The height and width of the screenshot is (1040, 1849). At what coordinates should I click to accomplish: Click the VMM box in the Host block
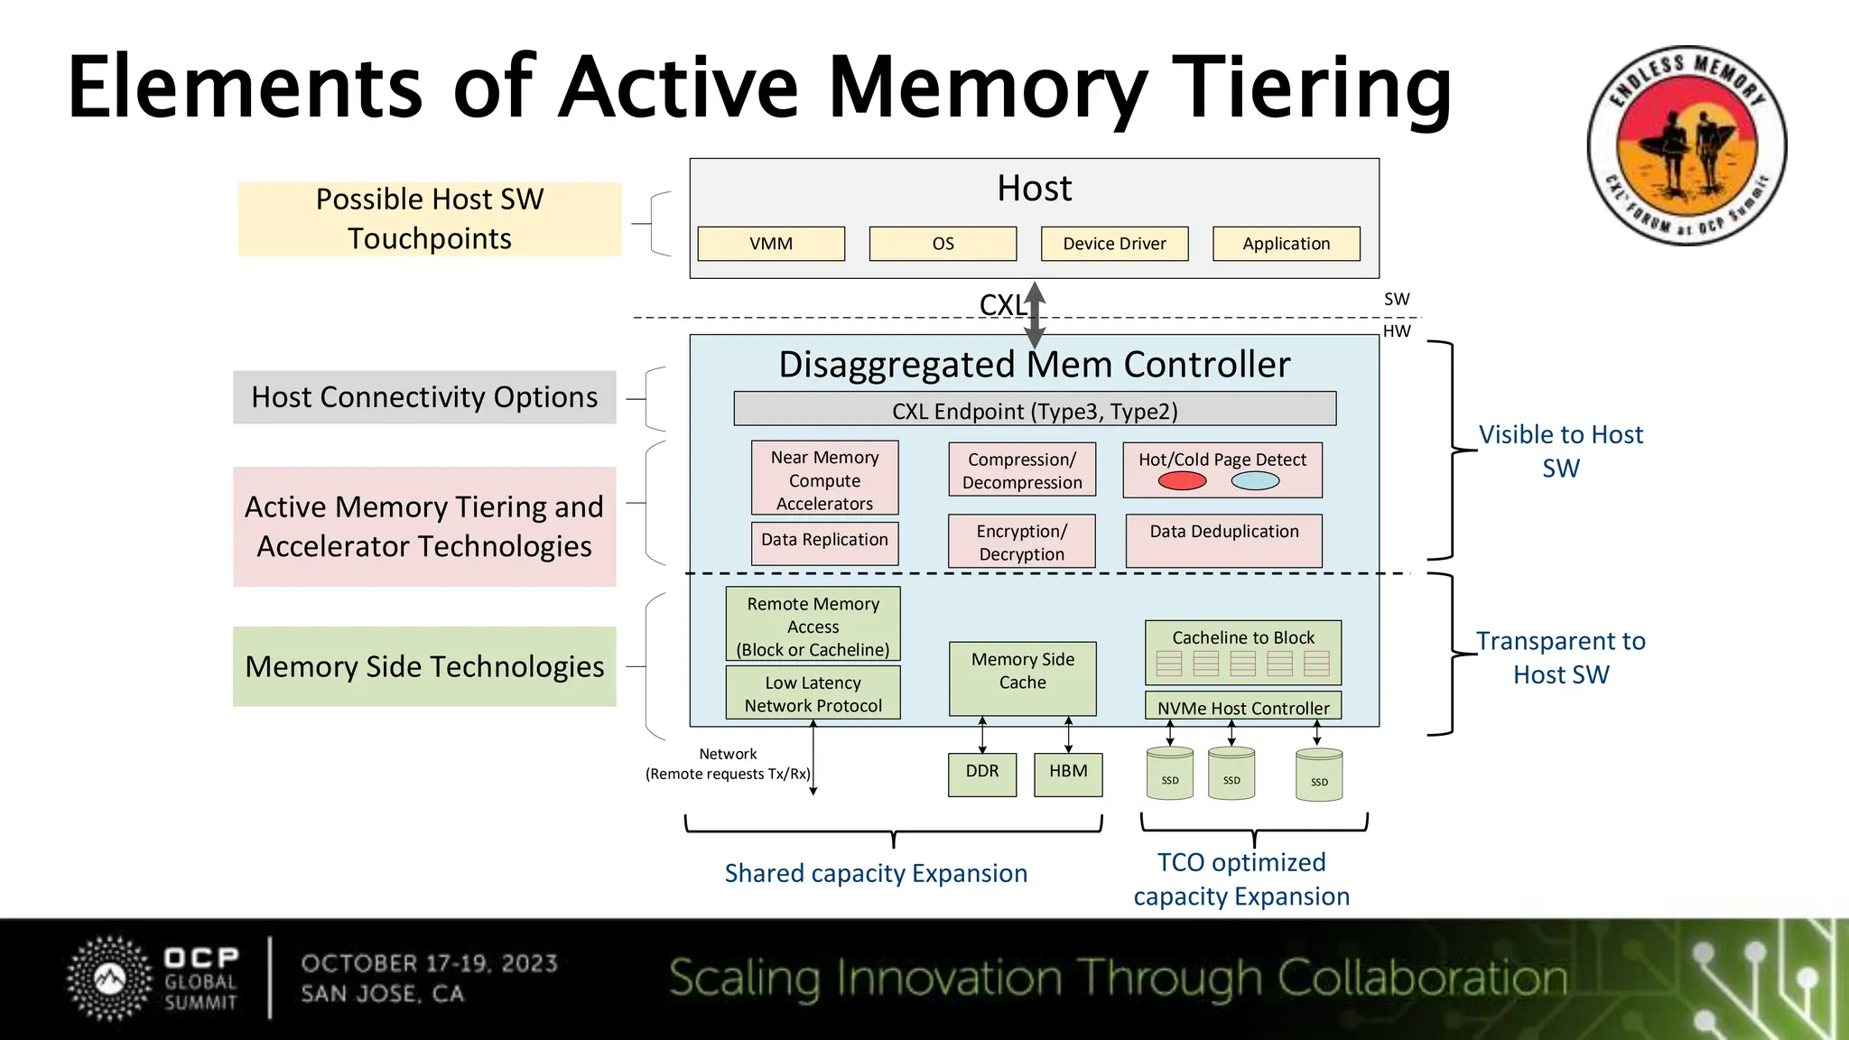[771, 244]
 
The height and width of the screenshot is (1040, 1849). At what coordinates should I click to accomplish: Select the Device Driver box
[1114, 244]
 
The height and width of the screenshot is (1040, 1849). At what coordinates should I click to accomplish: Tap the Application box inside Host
[1286, 244]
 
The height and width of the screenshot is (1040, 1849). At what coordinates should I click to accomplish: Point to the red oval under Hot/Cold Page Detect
[1182, 481]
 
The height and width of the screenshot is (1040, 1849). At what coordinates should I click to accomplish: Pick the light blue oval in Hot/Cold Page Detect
[1255, 481]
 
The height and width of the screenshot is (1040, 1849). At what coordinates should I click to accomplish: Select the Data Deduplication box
[1223, 540]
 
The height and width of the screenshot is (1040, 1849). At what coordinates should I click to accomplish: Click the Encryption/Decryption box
[1021, 542]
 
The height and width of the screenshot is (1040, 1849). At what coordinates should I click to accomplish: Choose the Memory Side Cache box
[1022, 678]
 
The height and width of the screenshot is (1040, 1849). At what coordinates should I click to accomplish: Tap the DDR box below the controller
[982, 774]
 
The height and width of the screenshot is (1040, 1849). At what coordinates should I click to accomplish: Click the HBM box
[1068, 774]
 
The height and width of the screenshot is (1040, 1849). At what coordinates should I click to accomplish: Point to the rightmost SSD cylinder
[1319, 775]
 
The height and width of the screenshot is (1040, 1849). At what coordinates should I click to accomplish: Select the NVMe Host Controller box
[1243, 707]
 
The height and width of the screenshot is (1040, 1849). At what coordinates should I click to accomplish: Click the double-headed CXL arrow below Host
[1036, 315]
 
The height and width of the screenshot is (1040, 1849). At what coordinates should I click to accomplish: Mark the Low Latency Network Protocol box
[813, 693]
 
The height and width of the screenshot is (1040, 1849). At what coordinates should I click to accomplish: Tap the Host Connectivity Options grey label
[424, 397]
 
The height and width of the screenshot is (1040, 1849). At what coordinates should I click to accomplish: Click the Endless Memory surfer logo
[1686, 146]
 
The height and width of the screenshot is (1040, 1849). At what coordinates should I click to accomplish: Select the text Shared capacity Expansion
[876, 873]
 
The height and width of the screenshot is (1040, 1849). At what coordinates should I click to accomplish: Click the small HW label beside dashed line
[1397, 331]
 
